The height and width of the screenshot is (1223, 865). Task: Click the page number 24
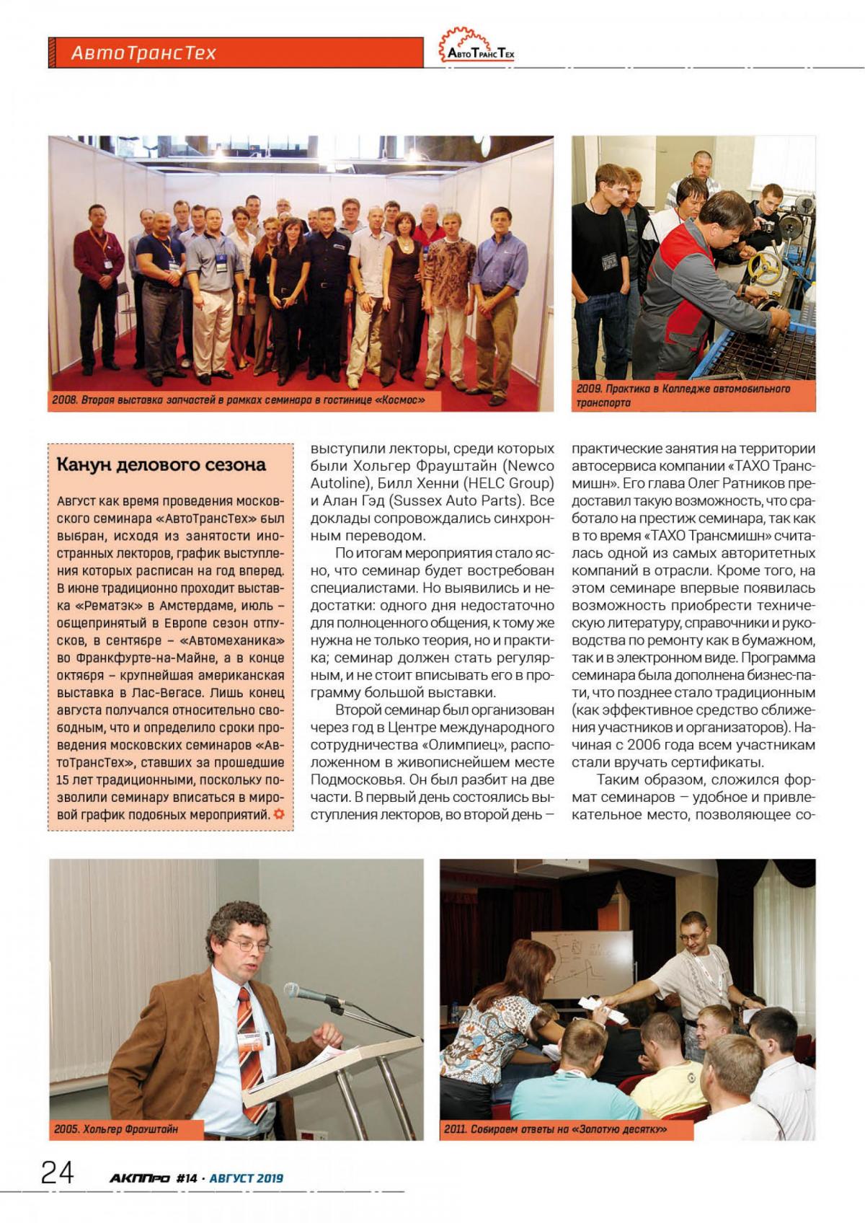[x=58, y=1173]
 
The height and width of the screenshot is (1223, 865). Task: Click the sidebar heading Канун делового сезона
[x=161, y=464]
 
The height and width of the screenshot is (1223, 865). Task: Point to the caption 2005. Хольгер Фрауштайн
[x=115, y=1129]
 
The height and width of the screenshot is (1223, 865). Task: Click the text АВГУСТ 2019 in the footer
[x=247, y=1178]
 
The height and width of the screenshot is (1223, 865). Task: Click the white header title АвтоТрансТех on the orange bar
[x=143, y=53]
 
